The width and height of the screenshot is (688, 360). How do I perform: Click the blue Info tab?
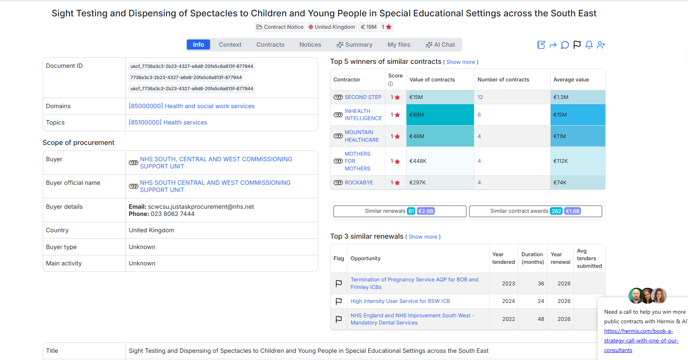click(x=198, y=45)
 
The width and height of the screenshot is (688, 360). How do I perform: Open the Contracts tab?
click(x=270, y=45)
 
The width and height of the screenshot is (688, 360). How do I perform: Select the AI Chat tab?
click(x=440, y=45)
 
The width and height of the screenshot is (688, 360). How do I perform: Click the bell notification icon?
click(x=589, y=45)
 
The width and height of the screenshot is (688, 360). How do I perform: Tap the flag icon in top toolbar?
click(x=577, y=45)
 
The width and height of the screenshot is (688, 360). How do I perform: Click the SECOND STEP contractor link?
click(x=363, y=97)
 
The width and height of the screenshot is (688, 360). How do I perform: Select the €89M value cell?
click(x=440, y=115)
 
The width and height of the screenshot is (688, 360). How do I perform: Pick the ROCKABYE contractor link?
click(x=359, y=182)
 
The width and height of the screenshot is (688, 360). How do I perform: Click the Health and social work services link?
click(x=192, y=106)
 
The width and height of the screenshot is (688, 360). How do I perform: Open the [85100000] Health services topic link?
click(x=168, y=123)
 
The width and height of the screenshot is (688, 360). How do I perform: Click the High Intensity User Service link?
click(x=400, y=301)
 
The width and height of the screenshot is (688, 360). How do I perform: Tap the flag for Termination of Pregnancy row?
click(x=339, y=283)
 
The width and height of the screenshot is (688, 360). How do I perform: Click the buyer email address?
click(x=201, y=207)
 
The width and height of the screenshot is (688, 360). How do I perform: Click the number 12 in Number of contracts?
click(x=480, y=97)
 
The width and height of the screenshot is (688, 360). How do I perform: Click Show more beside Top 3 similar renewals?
click(x=422, y=237)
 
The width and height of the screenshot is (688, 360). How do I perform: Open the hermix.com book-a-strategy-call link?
click(x=640, y=340)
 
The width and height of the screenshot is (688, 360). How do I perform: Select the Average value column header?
click(x=571, y=80)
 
